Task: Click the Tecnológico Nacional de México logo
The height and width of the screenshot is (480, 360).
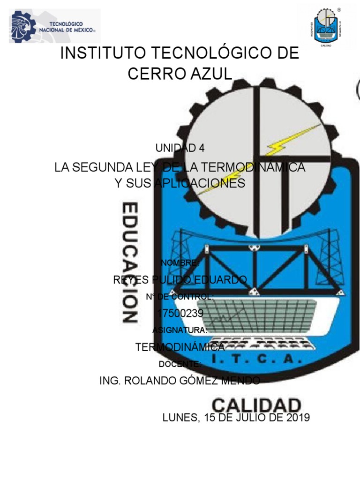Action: [54, 26]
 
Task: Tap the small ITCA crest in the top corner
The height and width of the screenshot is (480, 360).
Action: [327, 28]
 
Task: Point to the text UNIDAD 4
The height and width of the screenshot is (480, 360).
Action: [180, 148]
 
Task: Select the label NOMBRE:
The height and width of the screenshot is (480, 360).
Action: [180, 262]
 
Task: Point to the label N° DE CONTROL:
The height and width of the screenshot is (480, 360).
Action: [180, 297]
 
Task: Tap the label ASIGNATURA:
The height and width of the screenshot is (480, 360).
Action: [180, 330]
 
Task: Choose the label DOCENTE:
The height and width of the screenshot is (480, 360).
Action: [180, 364]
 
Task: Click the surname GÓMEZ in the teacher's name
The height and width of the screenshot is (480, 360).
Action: [202, 381]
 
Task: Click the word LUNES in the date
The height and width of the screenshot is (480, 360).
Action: [180, 418]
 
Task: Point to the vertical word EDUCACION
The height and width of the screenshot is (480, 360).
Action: [130, 262]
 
